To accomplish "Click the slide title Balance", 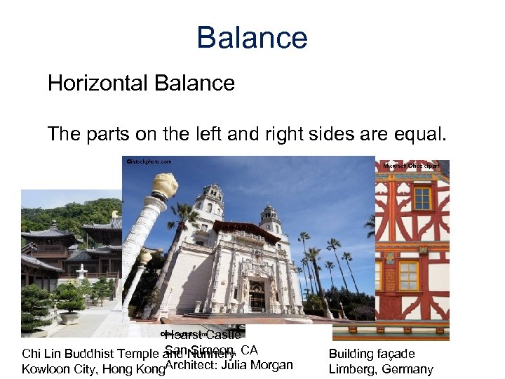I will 252,38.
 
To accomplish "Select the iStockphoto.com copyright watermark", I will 149,161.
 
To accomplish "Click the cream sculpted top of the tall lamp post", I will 164,184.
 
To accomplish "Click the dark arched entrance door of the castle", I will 257,295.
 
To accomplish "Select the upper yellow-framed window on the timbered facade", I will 422,198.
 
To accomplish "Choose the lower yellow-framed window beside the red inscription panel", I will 408,275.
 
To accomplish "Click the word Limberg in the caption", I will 351,369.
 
